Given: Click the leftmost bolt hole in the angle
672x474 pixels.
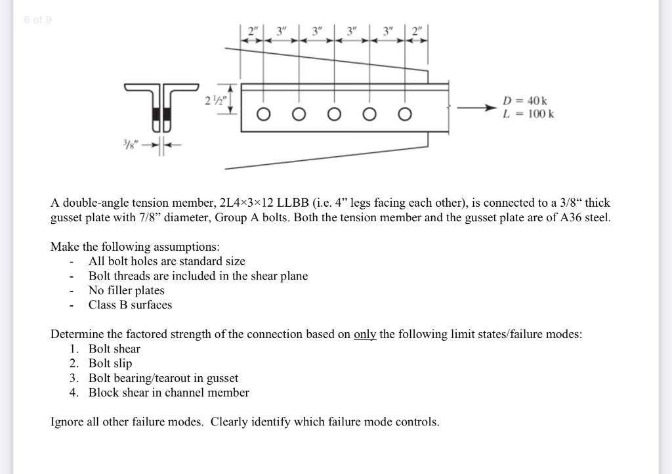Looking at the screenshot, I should pyautogui.click(x=263, y=114).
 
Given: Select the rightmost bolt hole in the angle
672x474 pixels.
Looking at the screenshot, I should pyautogui.click(x=404, y=114).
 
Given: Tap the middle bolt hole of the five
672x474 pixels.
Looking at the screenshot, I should pyautogui.click(x=334, y=114).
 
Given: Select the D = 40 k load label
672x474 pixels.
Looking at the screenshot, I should pyautogui.click(x=525, y=100).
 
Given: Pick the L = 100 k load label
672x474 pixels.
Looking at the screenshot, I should pyautogui.click(x=528, y=114).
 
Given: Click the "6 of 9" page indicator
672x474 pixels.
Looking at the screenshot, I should pyautogui.click(x=37, y=20).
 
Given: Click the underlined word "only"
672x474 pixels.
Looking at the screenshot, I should pyautogui.click(x=365, y=334).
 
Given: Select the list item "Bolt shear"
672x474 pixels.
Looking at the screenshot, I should pyautogui.click(x=114, y=349).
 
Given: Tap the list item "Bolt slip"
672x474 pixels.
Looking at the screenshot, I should pyautogui.click(x=110, y=363).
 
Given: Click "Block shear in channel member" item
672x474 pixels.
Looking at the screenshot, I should pyautogui.click(x=169, y=393).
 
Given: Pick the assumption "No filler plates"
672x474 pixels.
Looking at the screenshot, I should pyautogui.click(x=127, y=290).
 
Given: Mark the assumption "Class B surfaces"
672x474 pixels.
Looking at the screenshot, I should pyautogui.click(x=130, y=305).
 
